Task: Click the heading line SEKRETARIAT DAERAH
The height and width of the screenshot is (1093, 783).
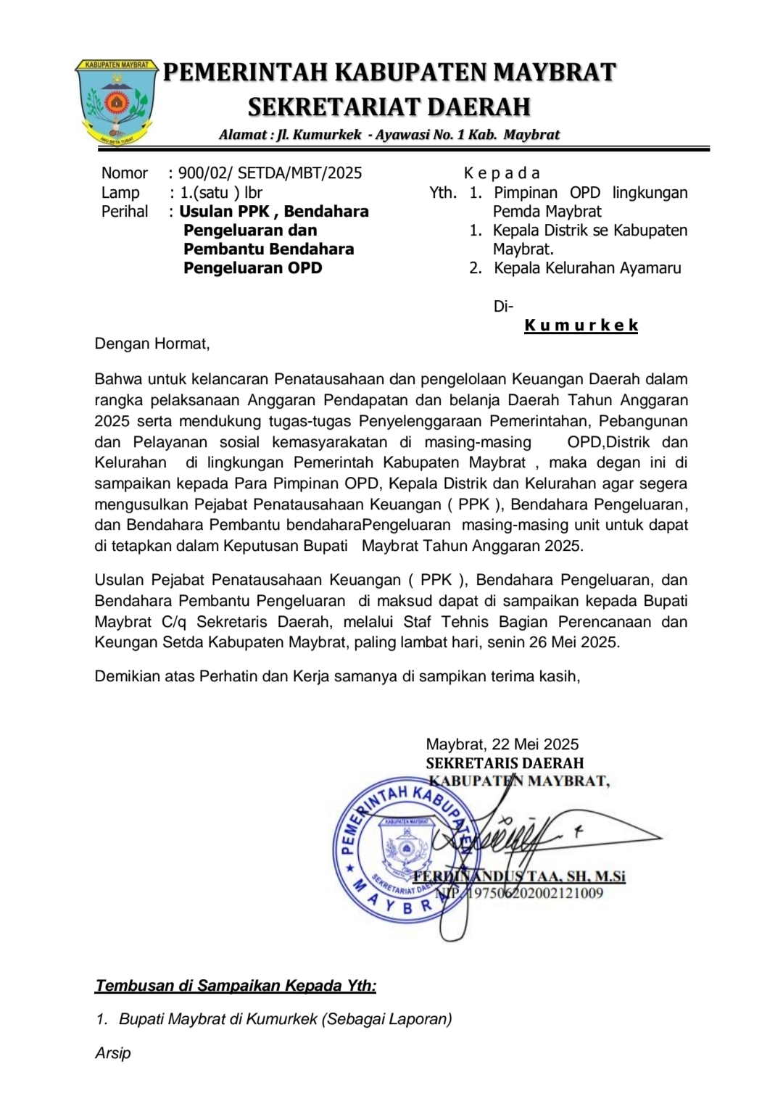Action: pyautogui.click(x=389, y=107)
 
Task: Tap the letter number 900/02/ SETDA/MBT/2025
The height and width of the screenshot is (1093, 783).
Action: pyautogui.click(x=270, y=173)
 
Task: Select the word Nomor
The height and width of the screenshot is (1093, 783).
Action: pyautogui.click(x=124, y=173)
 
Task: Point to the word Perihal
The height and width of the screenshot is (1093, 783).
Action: pyautogui.click(x=125, y=212)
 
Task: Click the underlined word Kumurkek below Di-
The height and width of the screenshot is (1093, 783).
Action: pyautogui.click(x=581, y=325)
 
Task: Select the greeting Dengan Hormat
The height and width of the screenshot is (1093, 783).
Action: pyautogui.click(x=152, y=344)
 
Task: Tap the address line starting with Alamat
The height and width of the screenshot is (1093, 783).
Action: pyautogui.click(x=389, y=135)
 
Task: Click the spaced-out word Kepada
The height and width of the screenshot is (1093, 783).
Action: pyautogui.click(x=502, y=173)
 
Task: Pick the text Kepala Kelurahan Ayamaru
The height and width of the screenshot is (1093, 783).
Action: pyautogui.click(x=587, y=268)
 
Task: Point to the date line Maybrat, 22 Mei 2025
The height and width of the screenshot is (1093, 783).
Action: pyautogui.click(x=502, y=744)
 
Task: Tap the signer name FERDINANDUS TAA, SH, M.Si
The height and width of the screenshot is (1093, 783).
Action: pyautogui.click(x=519, y=876)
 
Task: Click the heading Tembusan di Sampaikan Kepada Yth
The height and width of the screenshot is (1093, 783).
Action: pyautogui.click(x=236, y=986)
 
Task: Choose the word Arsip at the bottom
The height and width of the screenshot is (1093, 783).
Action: pyautogui.click(x=112, y=1053)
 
